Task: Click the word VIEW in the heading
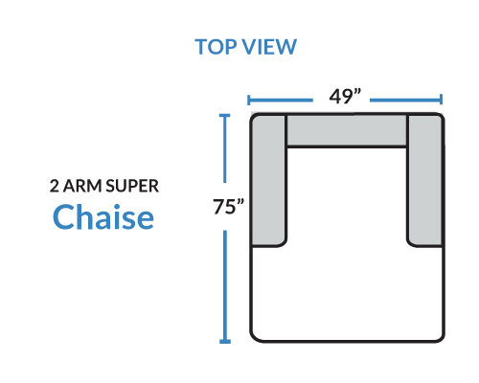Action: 269,47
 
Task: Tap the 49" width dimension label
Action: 345,97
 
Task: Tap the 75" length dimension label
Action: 229,206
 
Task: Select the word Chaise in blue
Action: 103,216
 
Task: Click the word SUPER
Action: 132,186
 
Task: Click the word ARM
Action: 82,186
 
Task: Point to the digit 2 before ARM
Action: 55,186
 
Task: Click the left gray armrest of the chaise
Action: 268,180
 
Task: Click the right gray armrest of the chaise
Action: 425,180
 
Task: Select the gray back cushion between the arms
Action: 347,130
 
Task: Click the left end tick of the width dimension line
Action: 248,100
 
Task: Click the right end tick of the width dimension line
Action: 441,100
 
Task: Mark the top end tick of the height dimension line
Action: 225,115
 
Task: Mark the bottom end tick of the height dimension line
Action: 225,342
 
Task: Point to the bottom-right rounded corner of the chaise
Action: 440,337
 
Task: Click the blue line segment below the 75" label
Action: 225,286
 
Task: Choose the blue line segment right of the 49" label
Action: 405,100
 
